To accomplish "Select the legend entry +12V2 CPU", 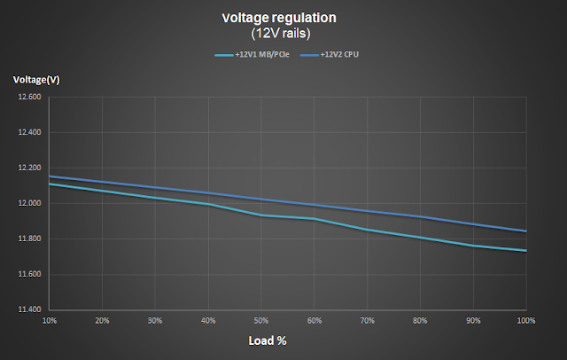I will [330, 55].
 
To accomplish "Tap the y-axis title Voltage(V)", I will [34, 81].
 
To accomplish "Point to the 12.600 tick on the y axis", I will [29, 98].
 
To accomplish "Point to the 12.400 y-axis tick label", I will [29, 133].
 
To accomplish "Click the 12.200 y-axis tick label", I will [29, 168].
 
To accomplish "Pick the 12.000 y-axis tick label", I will [29, 204].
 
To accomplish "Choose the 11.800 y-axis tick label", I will [29, 239].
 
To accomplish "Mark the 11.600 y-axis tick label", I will [29, 275].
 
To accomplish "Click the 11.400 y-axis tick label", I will [29, 310].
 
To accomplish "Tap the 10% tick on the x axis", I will [50, 319].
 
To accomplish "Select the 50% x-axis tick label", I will [261, 319].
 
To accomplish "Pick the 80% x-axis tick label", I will [420, 319].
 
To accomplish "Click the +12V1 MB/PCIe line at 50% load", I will [261, 215].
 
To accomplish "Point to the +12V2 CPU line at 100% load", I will [525, 231].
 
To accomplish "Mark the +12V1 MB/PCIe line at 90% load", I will [473, 246].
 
